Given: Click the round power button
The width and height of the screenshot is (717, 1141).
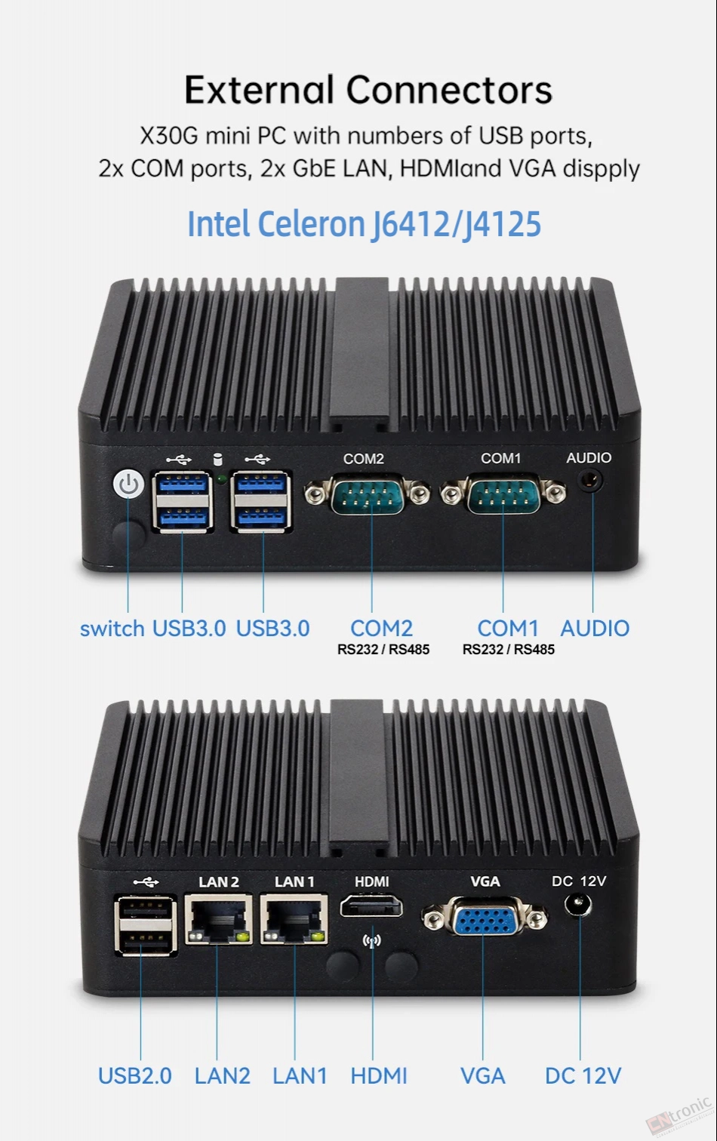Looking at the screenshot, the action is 128,484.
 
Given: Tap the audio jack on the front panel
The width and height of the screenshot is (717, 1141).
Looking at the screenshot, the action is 591,481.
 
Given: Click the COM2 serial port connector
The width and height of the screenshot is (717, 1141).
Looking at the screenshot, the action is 367,494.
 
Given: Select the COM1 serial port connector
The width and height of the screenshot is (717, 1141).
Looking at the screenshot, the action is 503,493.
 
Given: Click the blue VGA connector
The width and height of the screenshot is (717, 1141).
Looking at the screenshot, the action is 484,918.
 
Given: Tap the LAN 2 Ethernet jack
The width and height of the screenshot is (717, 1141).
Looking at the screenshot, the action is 219,919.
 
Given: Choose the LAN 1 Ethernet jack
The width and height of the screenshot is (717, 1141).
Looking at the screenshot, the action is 294,919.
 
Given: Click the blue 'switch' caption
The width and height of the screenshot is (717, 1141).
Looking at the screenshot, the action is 112,629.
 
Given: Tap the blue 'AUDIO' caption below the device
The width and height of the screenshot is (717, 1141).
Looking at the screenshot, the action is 595,629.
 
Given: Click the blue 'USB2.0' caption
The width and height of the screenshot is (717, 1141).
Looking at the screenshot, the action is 135,1076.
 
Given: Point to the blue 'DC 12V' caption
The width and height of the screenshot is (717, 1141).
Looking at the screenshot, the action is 583,1076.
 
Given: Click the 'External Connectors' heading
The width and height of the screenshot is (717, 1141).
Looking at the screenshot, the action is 368,90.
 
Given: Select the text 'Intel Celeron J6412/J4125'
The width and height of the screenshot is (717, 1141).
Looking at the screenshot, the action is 364,224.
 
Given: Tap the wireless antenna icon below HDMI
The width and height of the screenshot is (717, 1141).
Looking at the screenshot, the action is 371,941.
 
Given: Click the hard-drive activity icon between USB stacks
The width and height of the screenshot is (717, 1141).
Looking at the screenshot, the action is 217,460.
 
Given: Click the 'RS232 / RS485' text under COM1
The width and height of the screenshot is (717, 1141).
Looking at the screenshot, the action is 508,650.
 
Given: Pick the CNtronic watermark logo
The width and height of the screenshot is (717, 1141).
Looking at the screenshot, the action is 679,1117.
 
